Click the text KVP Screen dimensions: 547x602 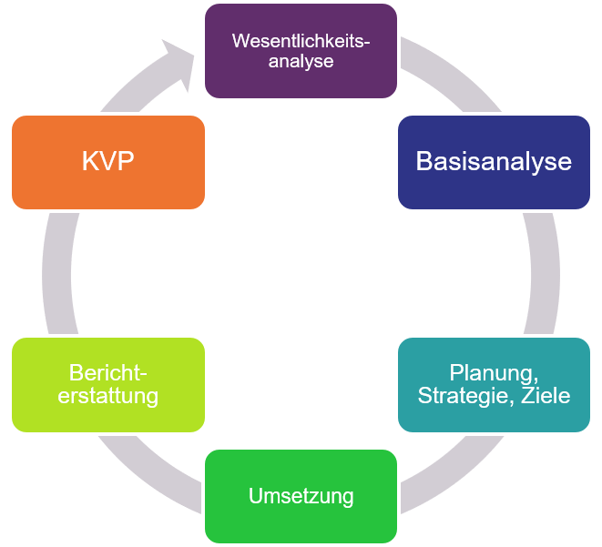(107, 162)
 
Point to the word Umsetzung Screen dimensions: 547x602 (301, 497)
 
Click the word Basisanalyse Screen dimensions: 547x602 (494, 162)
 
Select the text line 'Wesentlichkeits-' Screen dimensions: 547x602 (301, 41)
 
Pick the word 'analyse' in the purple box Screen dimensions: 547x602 (301, 62)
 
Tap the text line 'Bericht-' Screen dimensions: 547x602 (107, 373)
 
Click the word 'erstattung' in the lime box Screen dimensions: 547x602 (107, 396)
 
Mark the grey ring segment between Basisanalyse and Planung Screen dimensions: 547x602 (544, 273)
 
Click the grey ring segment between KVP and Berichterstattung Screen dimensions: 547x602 (56, 273)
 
